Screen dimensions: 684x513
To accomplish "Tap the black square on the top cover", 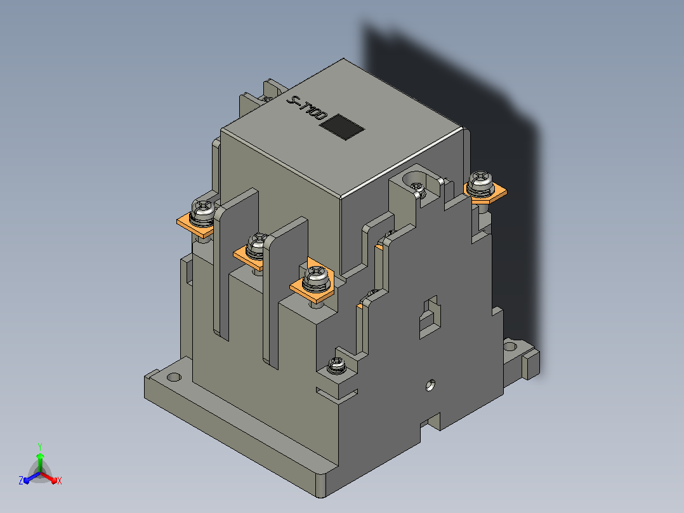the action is [342, 127].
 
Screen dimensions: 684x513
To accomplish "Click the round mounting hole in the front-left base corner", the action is [174, 376].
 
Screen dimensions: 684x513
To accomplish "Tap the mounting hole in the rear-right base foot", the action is [510, 347].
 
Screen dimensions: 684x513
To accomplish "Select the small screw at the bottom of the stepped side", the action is [336, 365].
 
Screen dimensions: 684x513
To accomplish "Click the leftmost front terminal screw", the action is [203, 211].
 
